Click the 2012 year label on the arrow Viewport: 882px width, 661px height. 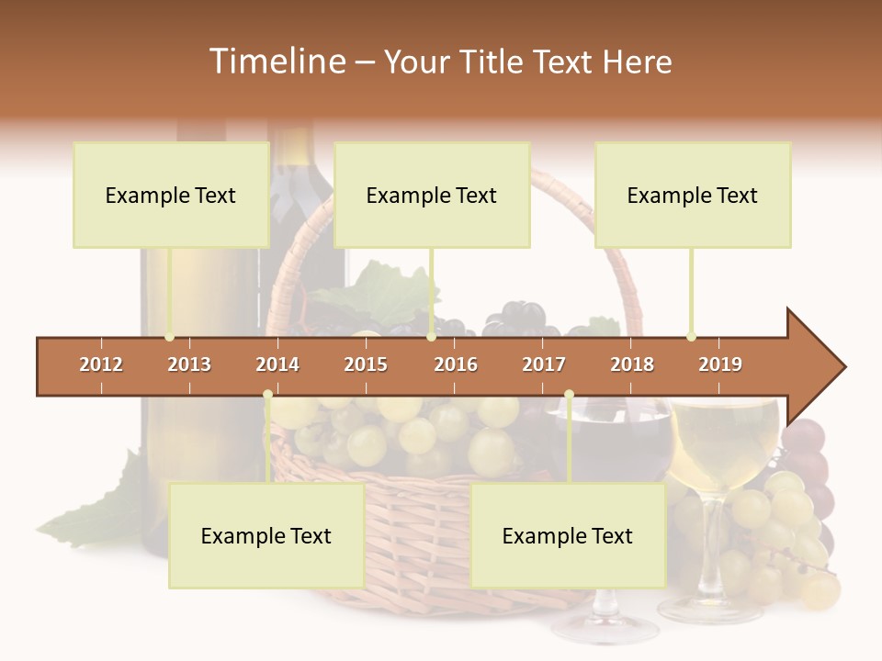pos(101,364)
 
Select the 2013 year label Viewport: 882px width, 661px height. pos(189,364)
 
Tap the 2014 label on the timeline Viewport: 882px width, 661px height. pos(277,364)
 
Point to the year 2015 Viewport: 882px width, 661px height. pos(366,364)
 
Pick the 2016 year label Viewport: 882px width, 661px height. pos(456,364)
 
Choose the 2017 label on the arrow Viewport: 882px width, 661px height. pos(544,364)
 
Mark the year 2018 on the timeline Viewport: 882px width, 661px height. pos(632,364)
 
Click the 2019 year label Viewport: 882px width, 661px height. pos(720,364)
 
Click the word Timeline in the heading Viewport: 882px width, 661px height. pos(276,62)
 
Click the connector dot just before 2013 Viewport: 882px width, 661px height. pos(169,337)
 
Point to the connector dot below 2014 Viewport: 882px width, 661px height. pos(267,395)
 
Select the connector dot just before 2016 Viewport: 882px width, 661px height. pos(431,337)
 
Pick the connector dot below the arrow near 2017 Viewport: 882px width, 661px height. pos(569,395)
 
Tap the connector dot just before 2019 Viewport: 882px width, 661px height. pos(691,337)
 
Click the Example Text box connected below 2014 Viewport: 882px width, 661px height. pos(266,536)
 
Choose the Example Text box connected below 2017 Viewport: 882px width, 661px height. pos(568,536)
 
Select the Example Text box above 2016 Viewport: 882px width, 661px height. pos(432,196)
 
